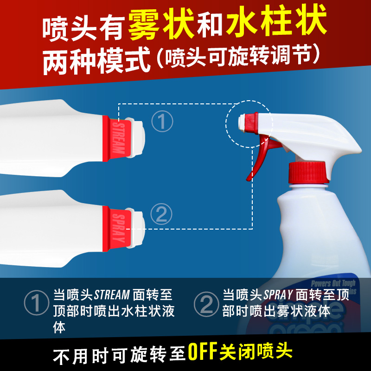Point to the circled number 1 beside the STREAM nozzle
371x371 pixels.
[162, 122]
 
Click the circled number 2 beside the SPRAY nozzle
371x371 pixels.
[161, 214]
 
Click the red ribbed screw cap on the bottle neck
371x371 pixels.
[308, 173]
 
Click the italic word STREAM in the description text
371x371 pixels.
[112, 295]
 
